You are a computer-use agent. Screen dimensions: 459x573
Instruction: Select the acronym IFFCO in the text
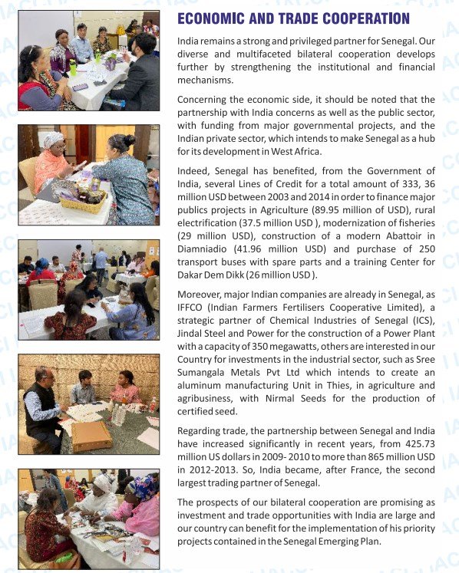click(x=192, y=308)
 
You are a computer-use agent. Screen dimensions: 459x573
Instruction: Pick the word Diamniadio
click(x=205, y=249)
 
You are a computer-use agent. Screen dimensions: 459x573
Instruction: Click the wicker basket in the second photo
click(x=83, y=201)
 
